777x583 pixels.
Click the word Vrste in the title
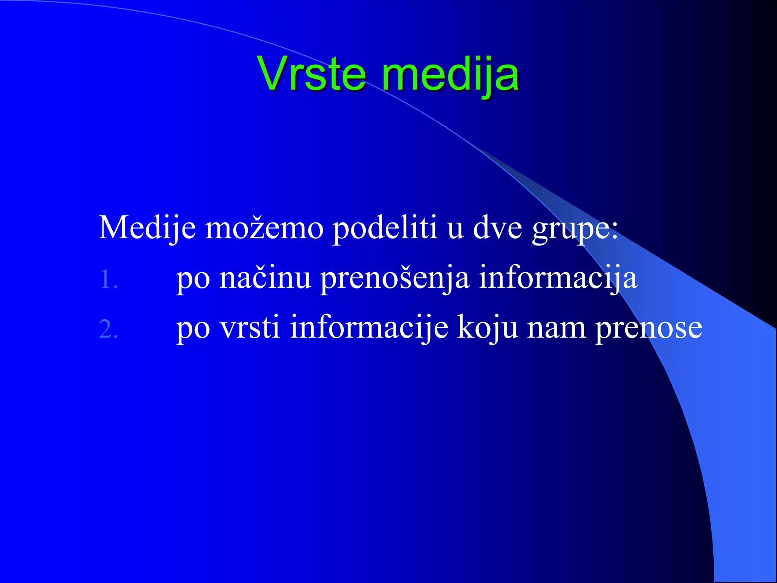click(312, 74)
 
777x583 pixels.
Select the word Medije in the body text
click(147, 228)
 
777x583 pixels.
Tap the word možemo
click(264, 228)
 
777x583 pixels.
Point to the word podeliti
click(385, 228)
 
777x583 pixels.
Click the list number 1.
click(108, 280)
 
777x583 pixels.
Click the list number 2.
click(108, 329)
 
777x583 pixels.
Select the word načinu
click(265, 278)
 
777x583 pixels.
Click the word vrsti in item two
click(250, 327)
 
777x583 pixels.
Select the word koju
click(488, 328)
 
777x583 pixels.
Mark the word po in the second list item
click(193, 329)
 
